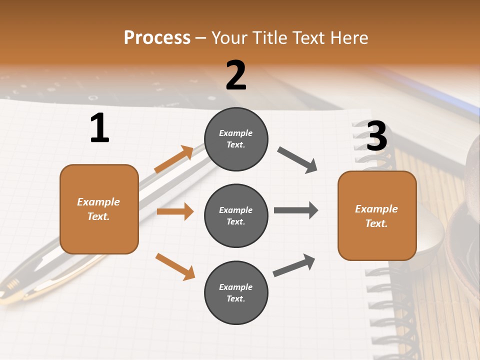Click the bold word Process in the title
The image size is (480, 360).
coord(157,38)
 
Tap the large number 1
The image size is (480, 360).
coord(99,128)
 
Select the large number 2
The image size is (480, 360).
coord(236,75)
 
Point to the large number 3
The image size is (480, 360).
coord(376,136)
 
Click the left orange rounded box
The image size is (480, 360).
coord(99,209)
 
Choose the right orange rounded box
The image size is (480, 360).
coord(377,215)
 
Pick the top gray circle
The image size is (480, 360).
coord(236,139)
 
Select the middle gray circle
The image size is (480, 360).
coord(236,215)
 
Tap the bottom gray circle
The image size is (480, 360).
coord(236,292)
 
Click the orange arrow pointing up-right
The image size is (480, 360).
coord(174,159)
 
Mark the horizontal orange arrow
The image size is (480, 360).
coord(175,211)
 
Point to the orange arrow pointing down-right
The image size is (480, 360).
coord(175,266)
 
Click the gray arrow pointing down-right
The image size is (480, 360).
coord(297,160)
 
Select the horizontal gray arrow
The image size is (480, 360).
coord(296,210)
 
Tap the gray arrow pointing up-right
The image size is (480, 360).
coord(294,265)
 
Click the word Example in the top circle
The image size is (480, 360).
coord(236,133)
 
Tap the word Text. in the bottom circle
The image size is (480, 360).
coord(236,298)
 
